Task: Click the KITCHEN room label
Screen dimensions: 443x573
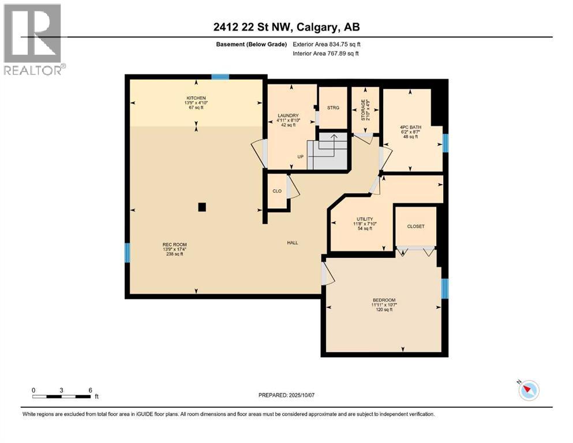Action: pos(196,98)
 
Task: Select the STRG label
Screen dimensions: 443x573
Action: pos(333,108)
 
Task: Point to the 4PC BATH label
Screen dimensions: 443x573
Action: pos(408,127)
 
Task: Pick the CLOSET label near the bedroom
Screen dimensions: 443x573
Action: pos(415,226)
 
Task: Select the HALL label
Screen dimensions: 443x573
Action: pos(293,243)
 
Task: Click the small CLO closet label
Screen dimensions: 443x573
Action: pos(277,190)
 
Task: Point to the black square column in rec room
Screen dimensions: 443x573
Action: pos(201,207)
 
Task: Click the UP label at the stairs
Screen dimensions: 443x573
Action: pos(300,156)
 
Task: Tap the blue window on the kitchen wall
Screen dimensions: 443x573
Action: pos(220,77)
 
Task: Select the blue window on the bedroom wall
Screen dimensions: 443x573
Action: pos(444,288)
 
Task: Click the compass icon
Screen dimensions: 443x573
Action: pos(528,390)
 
